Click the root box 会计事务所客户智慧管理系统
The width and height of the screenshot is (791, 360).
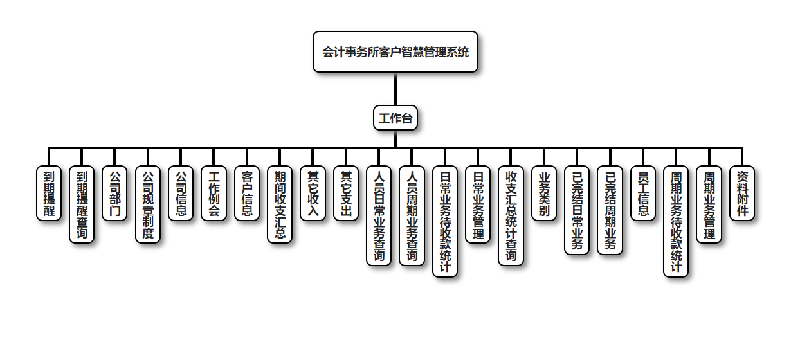[x=395, y=52]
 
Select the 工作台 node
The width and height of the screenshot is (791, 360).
[x=395, y=118]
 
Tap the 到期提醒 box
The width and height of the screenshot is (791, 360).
[x=49, y=193]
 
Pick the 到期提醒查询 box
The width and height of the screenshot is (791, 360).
[x=82, y=204]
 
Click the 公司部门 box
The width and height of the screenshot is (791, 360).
[x=114, y=193]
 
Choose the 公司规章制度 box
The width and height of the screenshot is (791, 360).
[x=148, y=204]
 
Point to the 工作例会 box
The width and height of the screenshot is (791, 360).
[x=214, y=193]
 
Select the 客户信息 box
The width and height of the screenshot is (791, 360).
[x=247, y=193]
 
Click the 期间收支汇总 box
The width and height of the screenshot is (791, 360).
[x=280, y=204]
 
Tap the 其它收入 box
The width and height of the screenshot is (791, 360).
[x=313, y=193]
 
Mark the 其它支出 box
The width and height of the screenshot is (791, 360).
[x=346, y=193]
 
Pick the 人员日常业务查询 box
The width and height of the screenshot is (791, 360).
[x=379, y=215]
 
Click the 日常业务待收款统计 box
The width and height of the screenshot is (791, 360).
[x=445, y=221]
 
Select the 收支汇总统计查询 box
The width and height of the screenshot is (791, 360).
[x=511, y=215]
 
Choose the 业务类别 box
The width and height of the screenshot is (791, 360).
[x=544, y=193]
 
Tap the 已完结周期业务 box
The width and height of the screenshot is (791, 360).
[x=610, y=210]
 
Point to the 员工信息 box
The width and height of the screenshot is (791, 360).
[x=643, y=193]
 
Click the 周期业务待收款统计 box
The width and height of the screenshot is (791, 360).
[x=676, y=221]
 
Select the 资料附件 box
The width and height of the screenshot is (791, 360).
[x=742, y=193]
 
